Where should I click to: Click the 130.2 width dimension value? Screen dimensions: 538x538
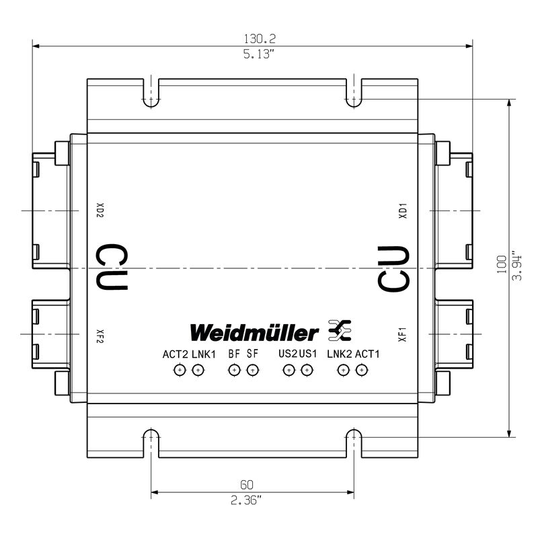pyautogui.click(x=260, y=38)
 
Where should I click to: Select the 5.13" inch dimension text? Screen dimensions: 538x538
pyautogui.click(x=259, y=54)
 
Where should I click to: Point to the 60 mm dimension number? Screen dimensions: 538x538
pyautogui.click(x=247, y=484)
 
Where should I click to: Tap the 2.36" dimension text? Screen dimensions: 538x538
pyautogui.click(x=246, y=500)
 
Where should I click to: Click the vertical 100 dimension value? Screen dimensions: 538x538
pyautogui.click(x=501, y=264)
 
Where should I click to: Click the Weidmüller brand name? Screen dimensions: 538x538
pyautogui.click(x=254, y=332)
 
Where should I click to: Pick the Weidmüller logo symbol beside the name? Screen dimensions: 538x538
pyautogui.click(x=340, y=330)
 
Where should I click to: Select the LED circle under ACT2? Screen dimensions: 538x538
pyautogui.click(x=180, y=371)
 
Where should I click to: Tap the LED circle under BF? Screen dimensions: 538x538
pyautogui.click(x=234, y=371)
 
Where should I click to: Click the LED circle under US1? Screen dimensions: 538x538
pyautogui.click(x=307, y=371)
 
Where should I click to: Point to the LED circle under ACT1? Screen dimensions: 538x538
pyautogui.click(x=361, y=371)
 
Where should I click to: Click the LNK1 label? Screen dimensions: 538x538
pyautogui.click(x=204, y=354)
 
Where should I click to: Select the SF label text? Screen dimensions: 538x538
pyautogui.click(x=252, y=354)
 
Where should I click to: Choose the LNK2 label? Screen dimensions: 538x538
pyautogui.click(x=340, y=354)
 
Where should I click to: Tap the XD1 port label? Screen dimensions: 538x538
pyautogui.click(x=402, y=210)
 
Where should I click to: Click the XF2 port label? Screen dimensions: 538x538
pyautogui.click(x=100, y=336)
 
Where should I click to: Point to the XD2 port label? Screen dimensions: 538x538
pyautogui.click(x=100, y=210)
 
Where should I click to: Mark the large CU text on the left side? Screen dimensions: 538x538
pyautogui.click(x=112, y=267)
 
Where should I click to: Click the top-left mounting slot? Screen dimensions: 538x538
pyautogui.click(x=151, y=93)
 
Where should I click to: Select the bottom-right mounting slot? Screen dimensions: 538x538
pyautogui.click(x=354, y=443)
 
